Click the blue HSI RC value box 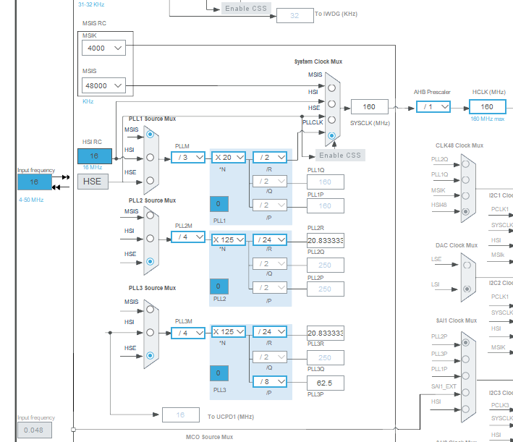coord(95,156)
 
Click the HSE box coord(93,181)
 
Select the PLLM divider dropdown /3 coord(187,157)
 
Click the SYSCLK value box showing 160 coord(369,107)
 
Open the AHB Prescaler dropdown coord(433,107)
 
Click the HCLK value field coord(487,107)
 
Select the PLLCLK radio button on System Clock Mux coord(331,135)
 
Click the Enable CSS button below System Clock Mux coord(339,156)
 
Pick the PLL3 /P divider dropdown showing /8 coord(269,382)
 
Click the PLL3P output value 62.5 coord(325,382)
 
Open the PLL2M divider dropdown coord(187,237)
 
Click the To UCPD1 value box coord(181,415)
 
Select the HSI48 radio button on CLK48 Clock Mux coord(465,211)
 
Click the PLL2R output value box coord(325,240)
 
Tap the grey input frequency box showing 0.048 coord(34,430)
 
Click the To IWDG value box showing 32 coord(295,15)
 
